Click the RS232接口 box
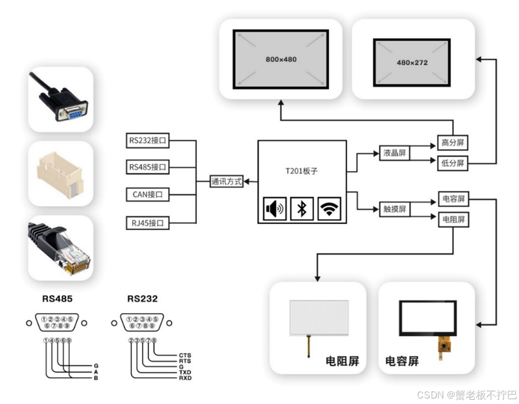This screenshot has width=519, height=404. coord(147,141)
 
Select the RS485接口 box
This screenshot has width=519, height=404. coord(147,167)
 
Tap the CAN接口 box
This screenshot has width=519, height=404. coord(147,195)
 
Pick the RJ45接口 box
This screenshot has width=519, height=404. coord(147,223)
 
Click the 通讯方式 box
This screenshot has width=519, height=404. coord(226,181)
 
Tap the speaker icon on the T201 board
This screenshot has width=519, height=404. coord(274,209)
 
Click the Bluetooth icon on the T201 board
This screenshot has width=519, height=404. coord(301,209)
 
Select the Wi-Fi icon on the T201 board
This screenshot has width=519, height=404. coord(329,209)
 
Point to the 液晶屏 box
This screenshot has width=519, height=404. coord(394,153)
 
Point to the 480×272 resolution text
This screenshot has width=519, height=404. coord(412,62)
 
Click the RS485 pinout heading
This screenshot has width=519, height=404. coord(58,298)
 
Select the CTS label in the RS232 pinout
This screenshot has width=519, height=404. coord(185,355)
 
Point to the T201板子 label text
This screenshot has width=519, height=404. coord(302,171)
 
